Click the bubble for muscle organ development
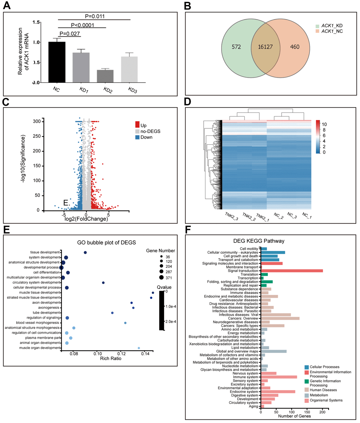click(x=139, y=348)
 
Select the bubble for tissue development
click(x=85, y=252)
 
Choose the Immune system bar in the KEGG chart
click(x=279, y=377)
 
